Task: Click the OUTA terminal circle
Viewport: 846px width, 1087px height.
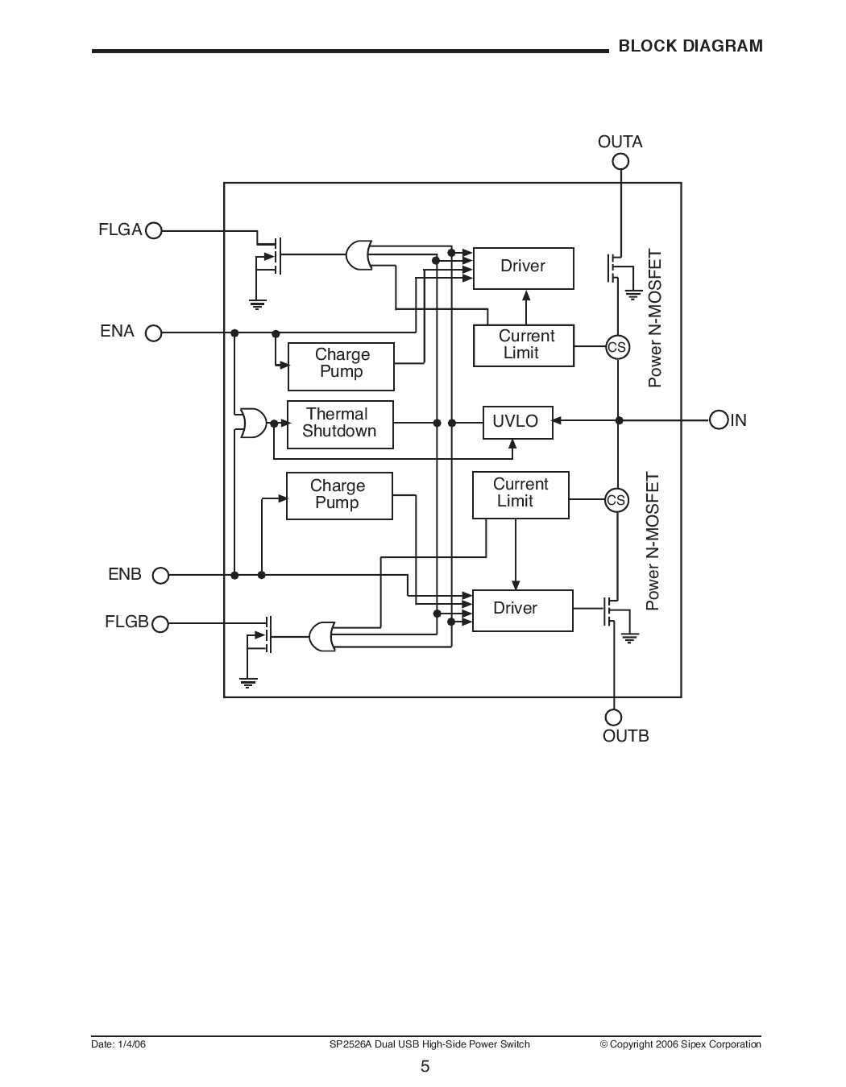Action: [x=620, y=161]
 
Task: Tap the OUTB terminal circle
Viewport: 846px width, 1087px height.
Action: [x=613, y=717]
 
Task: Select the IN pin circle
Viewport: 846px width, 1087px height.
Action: [x=719, y=420]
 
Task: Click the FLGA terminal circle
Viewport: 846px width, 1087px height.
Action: [x=153, y=231]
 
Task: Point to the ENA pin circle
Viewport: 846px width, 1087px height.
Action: [x=153, y=333]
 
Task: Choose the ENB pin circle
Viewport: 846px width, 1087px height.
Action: [x=161, y=575]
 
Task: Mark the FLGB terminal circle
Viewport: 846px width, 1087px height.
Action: [x=160, y=623]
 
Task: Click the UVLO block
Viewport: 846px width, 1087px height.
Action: [x=517, y=422]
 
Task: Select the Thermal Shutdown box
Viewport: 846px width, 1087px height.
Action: [x=340, y=424]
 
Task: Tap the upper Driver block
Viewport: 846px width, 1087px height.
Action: [x=523, y=267]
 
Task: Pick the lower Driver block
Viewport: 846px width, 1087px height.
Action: [x=521, y=610]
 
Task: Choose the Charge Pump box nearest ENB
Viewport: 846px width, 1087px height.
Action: [x=339, y=495]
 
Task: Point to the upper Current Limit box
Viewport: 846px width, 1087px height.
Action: [x=524, y=345]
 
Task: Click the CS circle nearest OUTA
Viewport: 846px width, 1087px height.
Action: [x=617, y=347]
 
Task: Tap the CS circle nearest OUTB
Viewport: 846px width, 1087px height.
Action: [x=616, y=500]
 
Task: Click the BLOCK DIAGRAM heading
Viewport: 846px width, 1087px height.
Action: [x=690, y=46]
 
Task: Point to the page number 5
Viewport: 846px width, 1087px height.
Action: [x=425, y=1067]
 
